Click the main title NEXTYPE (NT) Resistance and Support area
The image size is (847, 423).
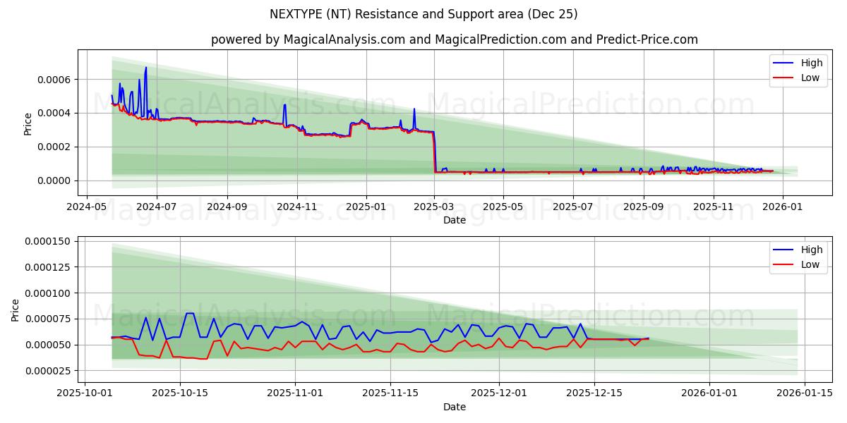pyautogui.click(x=423, y=14)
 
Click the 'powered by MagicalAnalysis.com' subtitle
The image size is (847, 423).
pyautogui.click(x=454, y=39)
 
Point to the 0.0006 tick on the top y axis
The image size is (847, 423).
pyautogui.click(x=55, y=80)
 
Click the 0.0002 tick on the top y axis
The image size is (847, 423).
pyautogui.click(x=55, y=147)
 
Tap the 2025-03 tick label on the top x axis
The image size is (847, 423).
pyautogui.click(x=434, y=207)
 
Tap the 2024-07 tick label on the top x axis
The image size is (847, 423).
pyautogui.click(x=156, y=207)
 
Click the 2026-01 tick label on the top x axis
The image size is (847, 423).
pyautogui.click(x=782, y=207)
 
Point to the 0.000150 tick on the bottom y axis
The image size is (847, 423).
pyautogui.click(x=49, y=242)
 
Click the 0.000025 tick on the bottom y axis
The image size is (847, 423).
pyautogui.click(x=49, y=371)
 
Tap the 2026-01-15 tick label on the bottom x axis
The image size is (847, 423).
pyautogui.click(x=804, y=394)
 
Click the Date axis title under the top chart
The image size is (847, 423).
pyautogui.click(x=454, y=220)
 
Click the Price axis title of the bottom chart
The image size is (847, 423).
pyautogui.click(x=16, y=309)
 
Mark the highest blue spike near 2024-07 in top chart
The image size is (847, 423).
pyautogui.click(x=146, y=68)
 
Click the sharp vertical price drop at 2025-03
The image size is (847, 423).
pyautogui.click(x=434, y=152)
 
